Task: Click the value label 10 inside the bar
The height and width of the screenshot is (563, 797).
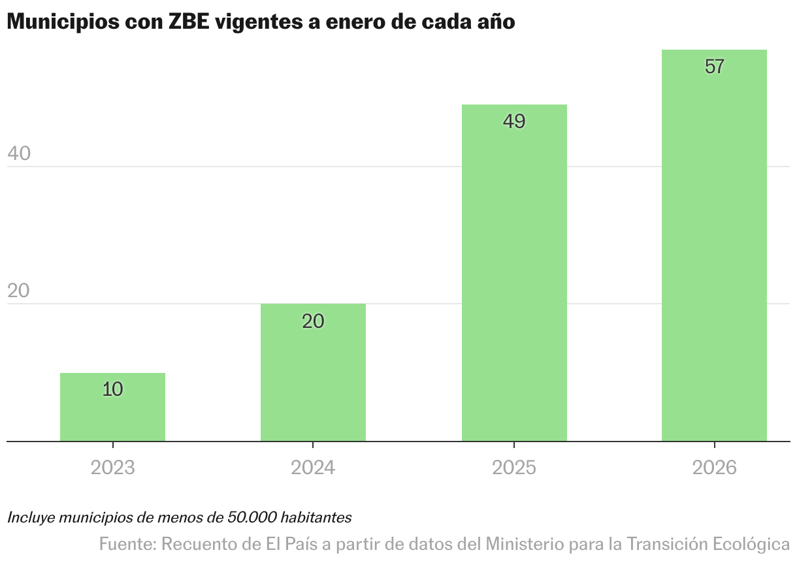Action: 113,389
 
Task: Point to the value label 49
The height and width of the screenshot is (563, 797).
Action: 514,121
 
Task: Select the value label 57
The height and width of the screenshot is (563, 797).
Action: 715,67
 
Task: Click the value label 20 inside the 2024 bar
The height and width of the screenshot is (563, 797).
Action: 313,321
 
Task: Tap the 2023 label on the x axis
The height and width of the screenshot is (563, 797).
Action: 112,468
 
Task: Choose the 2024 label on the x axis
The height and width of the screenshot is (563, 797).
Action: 313,468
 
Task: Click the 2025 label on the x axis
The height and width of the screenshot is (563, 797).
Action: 514,468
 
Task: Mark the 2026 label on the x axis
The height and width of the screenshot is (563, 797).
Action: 714,468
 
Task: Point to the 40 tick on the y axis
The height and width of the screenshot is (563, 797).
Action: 19,153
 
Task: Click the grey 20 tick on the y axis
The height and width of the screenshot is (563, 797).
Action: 19,291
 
